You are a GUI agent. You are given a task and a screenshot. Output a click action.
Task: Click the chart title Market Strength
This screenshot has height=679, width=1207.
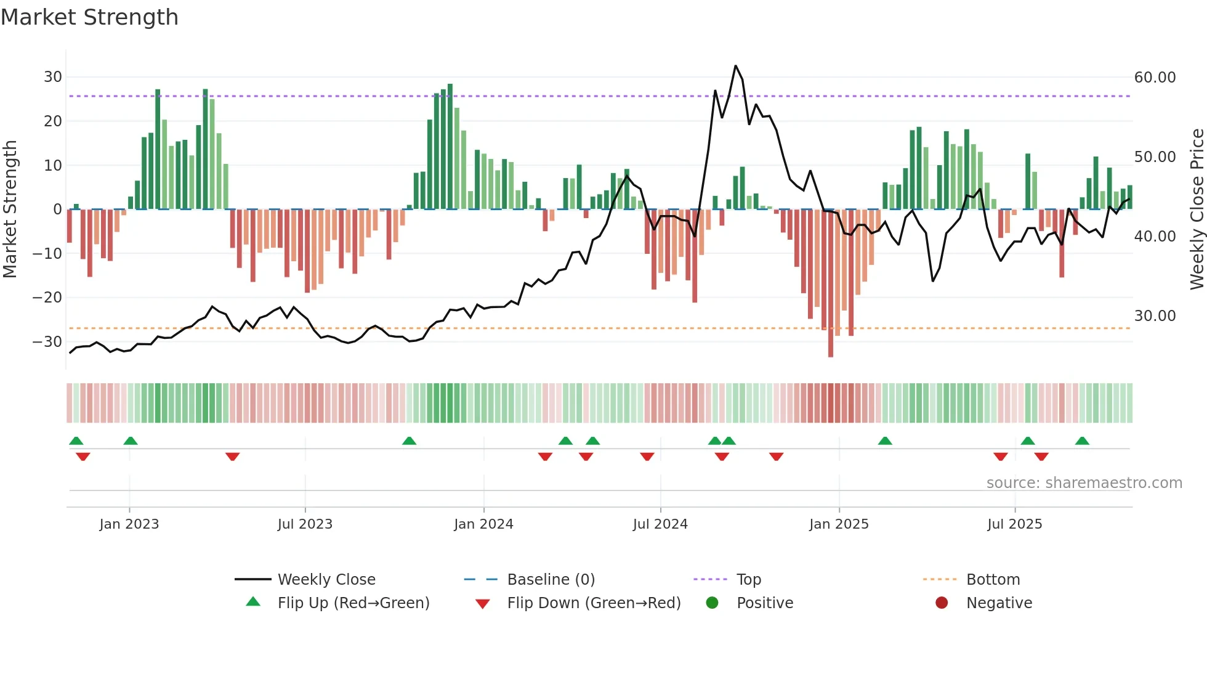tap(89, 17)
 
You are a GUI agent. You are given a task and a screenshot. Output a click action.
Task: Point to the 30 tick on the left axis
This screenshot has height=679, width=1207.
tap(53, 77)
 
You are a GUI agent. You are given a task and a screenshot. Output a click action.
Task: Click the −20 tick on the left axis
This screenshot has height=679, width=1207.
tap(47, 298)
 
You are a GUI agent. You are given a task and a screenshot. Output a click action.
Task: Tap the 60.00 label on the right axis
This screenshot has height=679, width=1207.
tap(1155, 78)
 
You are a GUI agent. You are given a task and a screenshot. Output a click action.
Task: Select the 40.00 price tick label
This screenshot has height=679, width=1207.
tap(1155, 237)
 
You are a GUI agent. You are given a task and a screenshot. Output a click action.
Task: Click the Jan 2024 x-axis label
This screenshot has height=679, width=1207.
tap(483, 524)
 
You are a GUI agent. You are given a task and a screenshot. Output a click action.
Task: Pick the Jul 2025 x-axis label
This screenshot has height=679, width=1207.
tap(1014, 524)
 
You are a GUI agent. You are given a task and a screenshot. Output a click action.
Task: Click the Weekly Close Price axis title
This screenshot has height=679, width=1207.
tap(1197, 209)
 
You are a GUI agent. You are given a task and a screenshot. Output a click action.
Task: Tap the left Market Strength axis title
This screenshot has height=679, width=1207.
tap(10, 209)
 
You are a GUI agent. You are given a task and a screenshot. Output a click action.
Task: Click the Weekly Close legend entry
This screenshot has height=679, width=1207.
tap(326, 580)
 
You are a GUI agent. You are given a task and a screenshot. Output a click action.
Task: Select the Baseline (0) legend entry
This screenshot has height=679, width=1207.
tap(551, 580)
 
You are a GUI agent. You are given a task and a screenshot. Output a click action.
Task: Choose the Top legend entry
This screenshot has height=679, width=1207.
tap(748, 580)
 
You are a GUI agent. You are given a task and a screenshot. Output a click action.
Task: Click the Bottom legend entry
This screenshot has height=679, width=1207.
tap(993, 580)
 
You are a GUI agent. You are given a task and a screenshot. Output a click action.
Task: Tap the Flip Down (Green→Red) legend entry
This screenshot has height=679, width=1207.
tap(593, 603)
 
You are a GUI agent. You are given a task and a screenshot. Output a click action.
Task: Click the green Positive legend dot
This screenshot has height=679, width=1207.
tap(712, 603)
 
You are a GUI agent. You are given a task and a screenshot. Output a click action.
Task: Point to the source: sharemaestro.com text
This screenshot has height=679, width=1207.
tap(1084, 483)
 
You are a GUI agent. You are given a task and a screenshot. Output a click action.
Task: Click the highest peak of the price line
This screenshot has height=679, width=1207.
tap(735, 66)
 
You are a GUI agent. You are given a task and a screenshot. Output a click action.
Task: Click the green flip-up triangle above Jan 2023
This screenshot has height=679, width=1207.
tap(130, 441)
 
